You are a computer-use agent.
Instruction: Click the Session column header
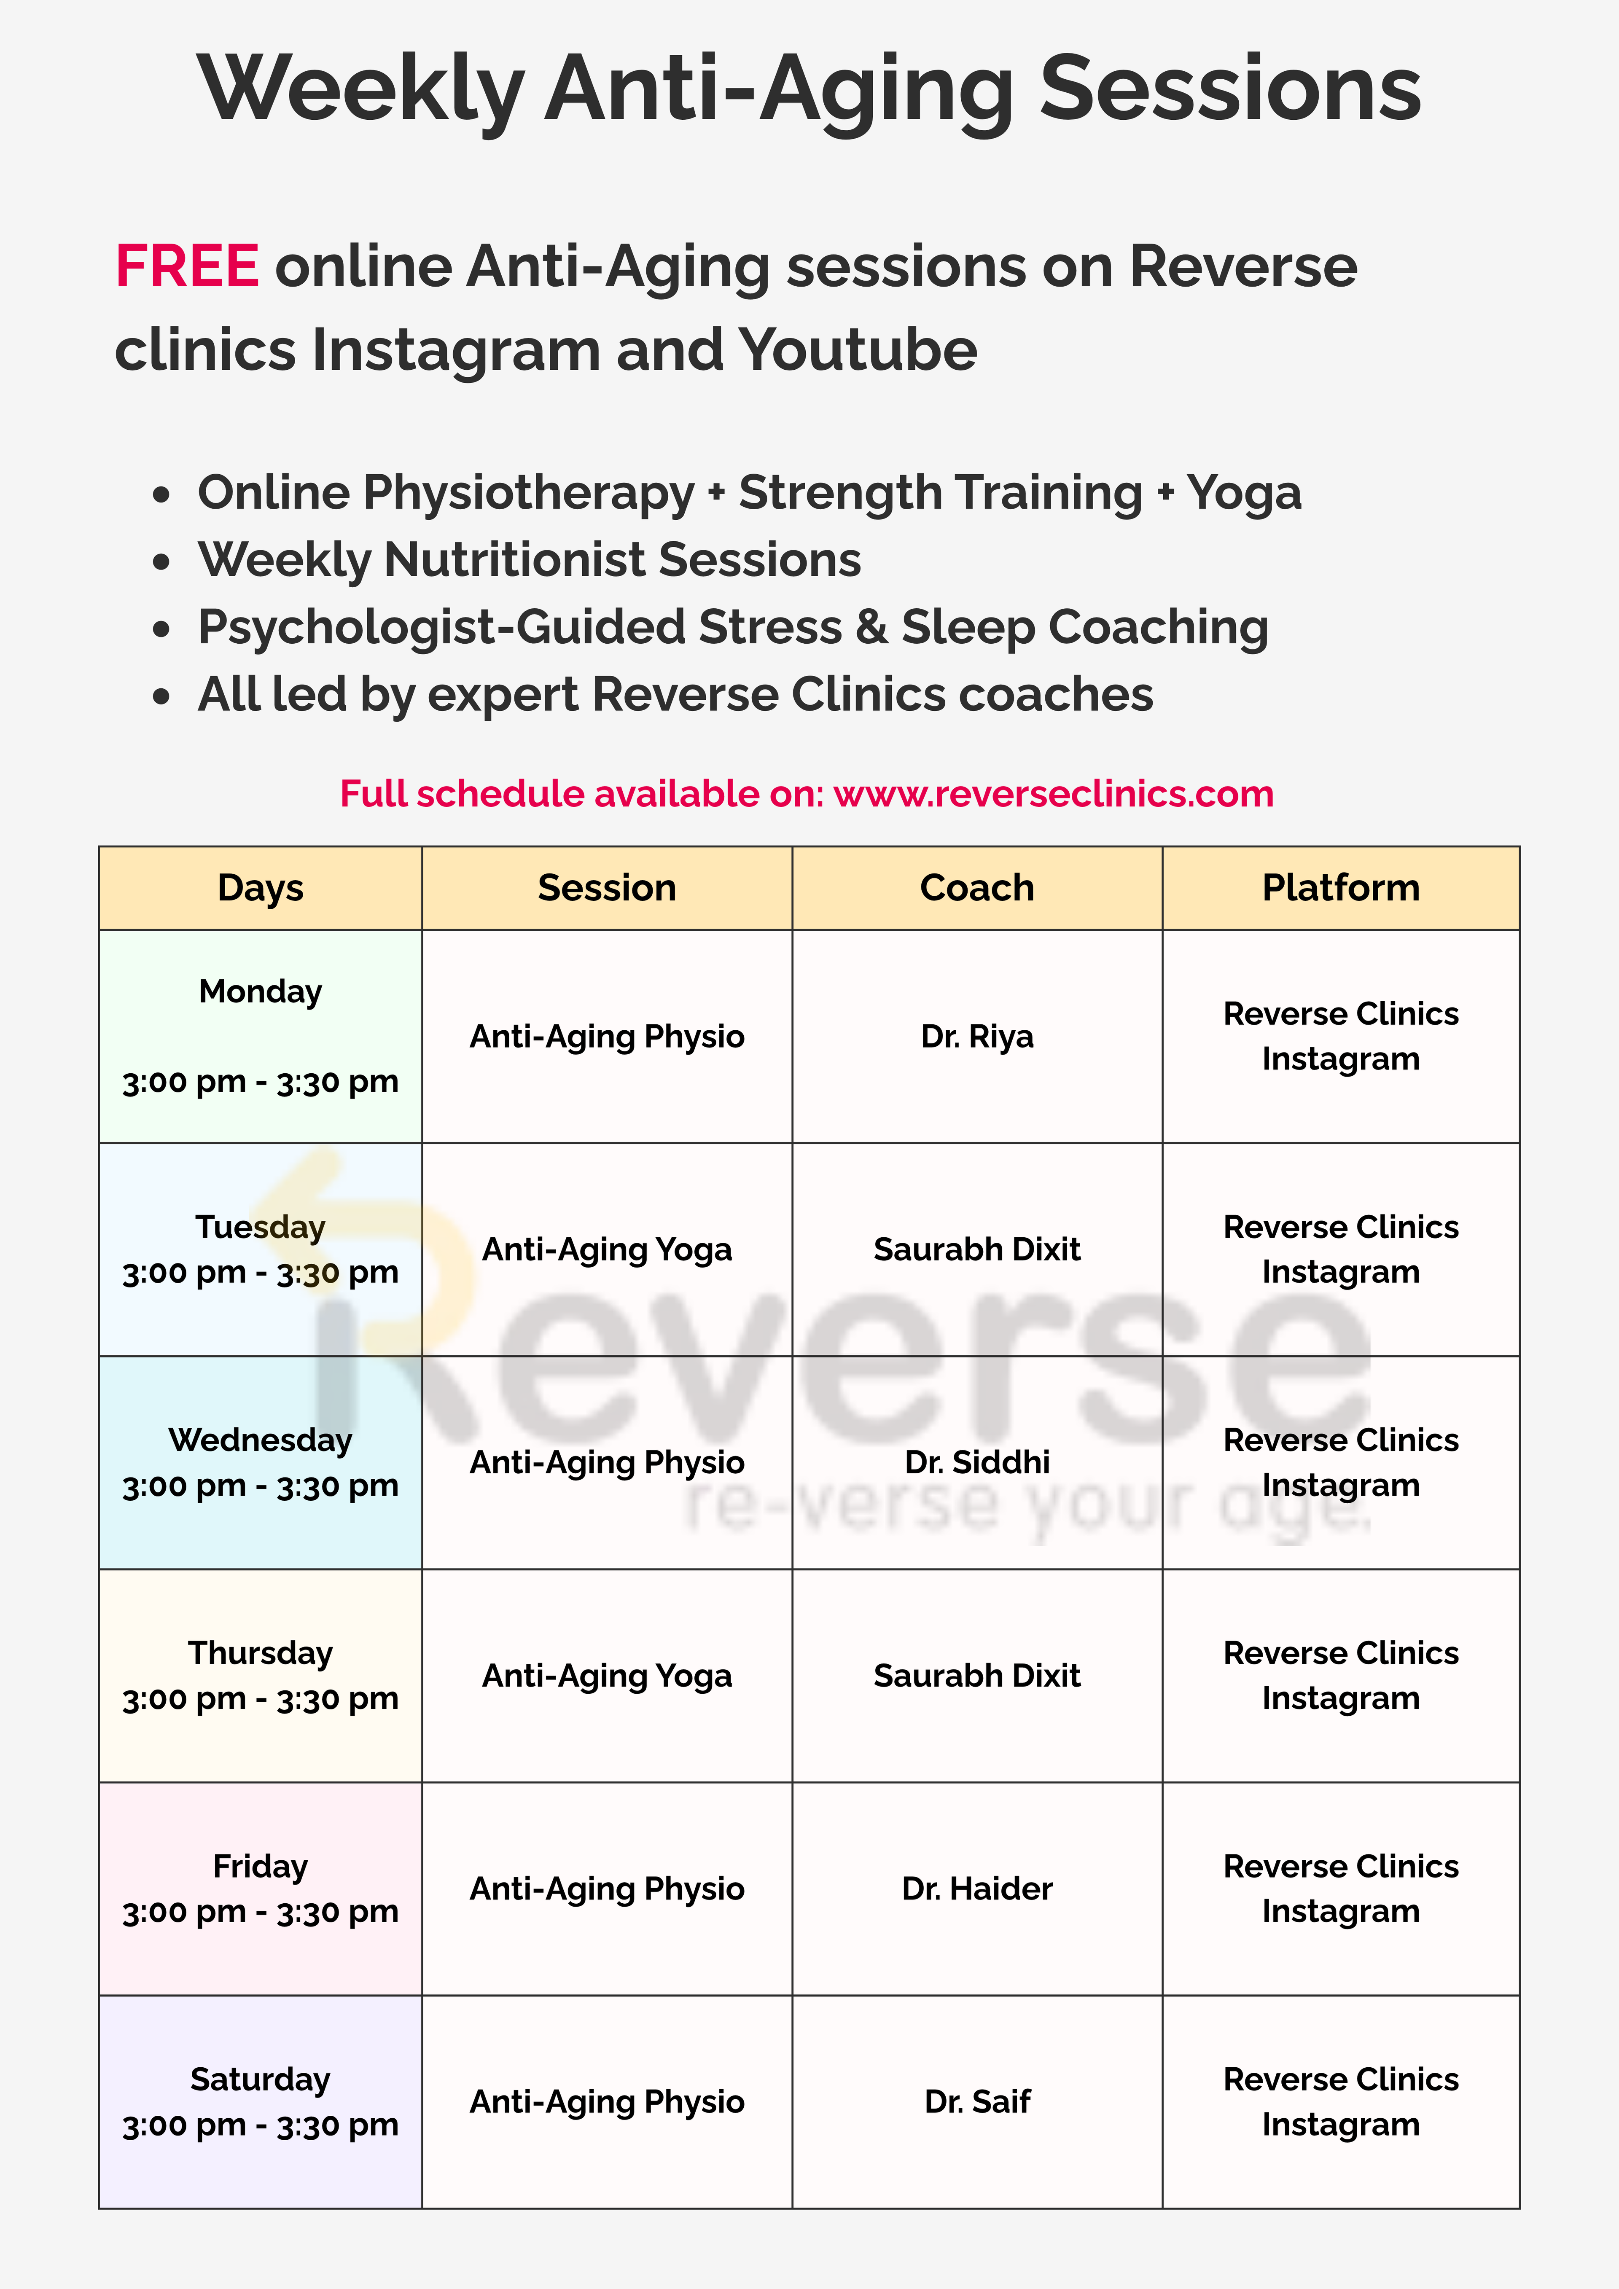[x=607, y=887]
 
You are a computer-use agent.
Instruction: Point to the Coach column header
[x=977, y=887]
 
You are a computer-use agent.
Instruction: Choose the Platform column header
[x=1341, y=887]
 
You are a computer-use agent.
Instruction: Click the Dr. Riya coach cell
[x=977, y=1037]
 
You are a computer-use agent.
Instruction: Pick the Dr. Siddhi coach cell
[x=977, y=1462]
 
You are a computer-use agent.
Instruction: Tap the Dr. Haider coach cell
[x=977, y=1888]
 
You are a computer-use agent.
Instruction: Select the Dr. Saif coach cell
[x=977, y=2101]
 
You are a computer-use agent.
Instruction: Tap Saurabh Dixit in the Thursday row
[x=977, y=1676]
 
